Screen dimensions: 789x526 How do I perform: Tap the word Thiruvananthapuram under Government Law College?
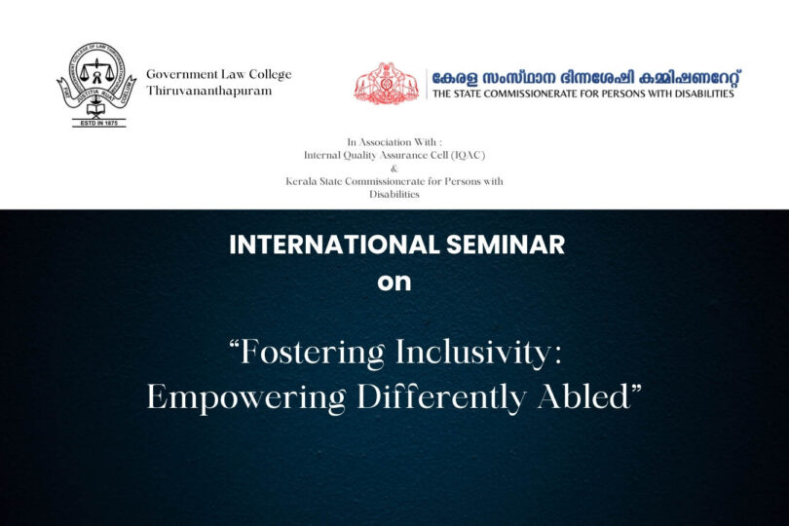point(208,92)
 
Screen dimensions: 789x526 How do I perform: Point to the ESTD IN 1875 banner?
point(98,123)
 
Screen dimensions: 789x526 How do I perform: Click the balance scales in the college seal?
point(96,71)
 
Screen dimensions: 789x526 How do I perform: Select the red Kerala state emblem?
point(387,83)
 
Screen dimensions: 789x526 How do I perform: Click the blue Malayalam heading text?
point(586,79)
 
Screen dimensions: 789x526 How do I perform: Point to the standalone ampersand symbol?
point(394,169)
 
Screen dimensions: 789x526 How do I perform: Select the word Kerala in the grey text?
point(298,181)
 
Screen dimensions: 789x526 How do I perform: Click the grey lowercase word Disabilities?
point(394,194)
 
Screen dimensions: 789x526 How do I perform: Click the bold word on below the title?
point(394,282)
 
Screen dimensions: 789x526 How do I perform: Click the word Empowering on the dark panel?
point(246,398)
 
